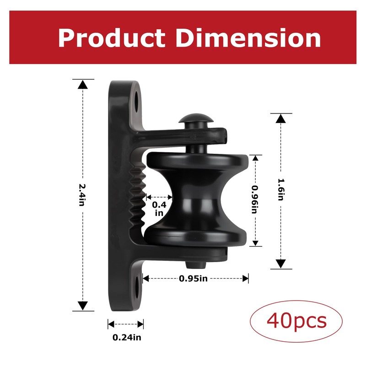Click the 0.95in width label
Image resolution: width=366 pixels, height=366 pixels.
[193, 278]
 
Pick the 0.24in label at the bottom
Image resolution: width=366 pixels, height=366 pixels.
[127, 338]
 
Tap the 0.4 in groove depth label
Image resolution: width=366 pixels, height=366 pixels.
[159, 209]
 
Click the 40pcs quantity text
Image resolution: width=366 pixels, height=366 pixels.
[296, 321]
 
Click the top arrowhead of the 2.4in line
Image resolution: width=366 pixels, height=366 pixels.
[82, 85]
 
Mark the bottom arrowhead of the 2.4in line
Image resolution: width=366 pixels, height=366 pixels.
[82, 306]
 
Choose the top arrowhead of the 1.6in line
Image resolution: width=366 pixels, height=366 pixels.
[281, 118]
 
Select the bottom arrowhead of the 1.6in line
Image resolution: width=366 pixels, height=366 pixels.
[281, 264]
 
